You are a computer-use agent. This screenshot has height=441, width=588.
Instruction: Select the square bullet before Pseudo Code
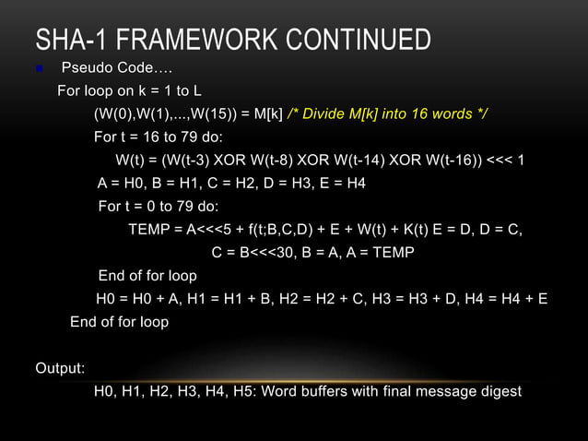click(x=39, y=68)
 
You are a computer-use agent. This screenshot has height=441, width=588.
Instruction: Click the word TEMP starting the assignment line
click(x=148, y=230)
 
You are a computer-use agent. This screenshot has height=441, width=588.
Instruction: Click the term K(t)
click(x=421, y=230)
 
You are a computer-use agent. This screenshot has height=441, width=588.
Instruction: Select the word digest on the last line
click(x=500, y=392)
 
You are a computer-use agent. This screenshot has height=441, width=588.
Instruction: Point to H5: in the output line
click(x=243, y=392)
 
